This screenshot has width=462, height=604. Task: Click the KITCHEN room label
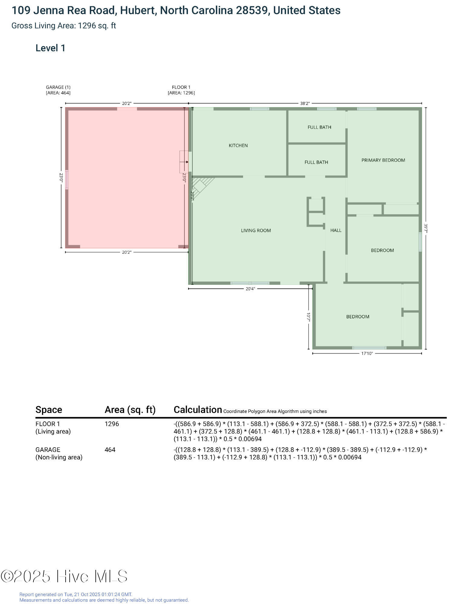[238, 146]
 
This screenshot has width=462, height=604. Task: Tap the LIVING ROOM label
[256, 230]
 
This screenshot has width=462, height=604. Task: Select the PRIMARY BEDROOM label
[383, 160]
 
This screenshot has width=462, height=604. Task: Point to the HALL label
[336, 230]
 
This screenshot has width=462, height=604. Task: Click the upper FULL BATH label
[319, 127]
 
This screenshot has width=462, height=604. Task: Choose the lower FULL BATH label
[316, 162]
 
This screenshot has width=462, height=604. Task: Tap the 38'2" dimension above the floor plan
[305, 103]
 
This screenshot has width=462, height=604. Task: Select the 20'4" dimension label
[250, 289]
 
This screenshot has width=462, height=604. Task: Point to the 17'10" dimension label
[367, 353]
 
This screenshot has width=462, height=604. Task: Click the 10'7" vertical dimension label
[308, 316]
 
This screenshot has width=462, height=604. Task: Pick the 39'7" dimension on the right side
[426, 228]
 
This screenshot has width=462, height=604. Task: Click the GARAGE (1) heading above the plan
[58, 87]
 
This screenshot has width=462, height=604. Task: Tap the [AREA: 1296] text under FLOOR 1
[181, 93]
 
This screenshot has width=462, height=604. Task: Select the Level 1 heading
[50, 48]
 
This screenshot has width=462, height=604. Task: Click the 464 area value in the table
[110, 450]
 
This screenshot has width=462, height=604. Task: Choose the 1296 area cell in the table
[112, 424]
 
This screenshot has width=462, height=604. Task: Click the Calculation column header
[198, 410]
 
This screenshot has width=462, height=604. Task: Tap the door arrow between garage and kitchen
[184, 162]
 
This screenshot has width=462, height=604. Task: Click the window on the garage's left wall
[67, 180]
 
